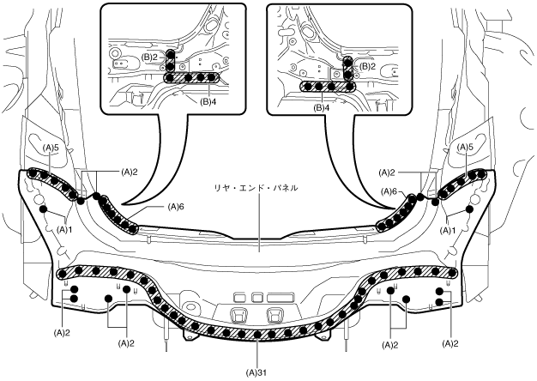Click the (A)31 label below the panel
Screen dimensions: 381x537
click(x=258, y=372)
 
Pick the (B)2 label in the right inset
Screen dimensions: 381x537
click(x=366, y=65)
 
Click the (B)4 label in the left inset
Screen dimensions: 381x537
click(x=208, y=100)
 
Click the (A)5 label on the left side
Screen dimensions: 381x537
click(x=51, y=148)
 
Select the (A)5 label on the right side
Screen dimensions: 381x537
click(x=466, y=148)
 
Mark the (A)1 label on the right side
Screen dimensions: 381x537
click(x=446, y=230)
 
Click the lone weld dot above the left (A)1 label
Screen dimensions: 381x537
click(x=42, y=209)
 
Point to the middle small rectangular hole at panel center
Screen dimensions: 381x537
click(x=256, y=296)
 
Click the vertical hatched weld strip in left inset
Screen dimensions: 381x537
click(x=170, y=60)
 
